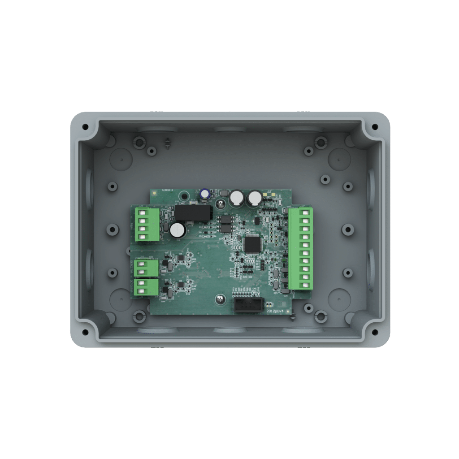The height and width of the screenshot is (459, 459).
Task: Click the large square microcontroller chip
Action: pyautogui.click(x=251, y=244)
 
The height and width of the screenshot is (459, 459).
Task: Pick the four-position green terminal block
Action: pyautogui.click(x=147, y=224)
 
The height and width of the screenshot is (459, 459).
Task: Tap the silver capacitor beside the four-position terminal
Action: pyautogui.click(x=178, y=230)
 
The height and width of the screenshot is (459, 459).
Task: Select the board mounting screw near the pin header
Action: pyautogui.click(x=220, y=299)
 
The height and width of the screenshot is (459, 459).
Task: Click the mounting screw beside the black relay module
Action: pyautogui.click(x=220, y=204)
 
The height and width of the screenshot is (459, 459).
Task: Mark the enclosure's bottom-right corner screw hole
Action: pyautogui.click(x=373, y=332)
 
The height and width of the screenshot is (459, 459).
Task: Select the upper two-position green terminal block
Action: pyautogui.click(x=147, y=268)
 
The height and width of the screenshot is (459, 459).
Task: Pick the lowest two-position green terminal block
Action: pyautogui.click(x=147, y=287)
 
